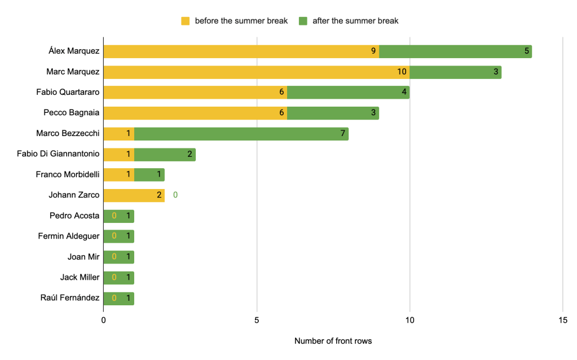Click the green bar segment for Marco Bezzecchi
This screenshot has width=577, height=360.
pyautogui.click(x=241, y=134)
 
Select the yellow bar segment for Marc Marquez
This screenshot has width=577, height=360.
pyautogui.click(x=256, y=72)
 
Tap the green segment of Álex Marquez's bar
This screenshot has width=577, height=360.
pyautogui.click(x=455, y=51)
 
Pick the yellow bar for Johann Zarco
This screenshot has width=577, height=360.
pyautogui.click(x=134, y=195)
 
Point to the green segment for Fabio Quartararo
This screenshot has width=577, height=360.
pyautogui.click(x=348, y=93)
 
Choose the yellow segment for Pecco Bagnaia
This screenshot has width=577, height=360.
pyautogui.click(x=195, y=113)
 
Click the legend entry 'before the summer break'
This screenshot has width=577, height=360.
pyautogui.click(x=234, y=21)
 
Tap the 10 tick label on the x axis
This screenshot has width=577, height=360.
pyautogui.click(x=409, y=320)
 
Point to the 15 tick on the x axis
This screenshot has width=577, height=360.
pyautogui.click(x=563, y=320)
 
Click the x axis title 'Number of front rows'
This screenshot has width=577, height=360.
pyautogui.click(x=333, y=341)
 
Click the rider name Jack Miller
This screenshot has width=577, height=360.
pyautogui.click(x=80, y=277)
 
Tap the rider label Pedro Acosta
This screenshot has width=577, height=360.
pyautogui.click(x=74, y=216)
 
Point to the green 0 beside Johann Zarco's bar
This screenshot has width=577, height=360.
pyautogui.click(x=175, y=195)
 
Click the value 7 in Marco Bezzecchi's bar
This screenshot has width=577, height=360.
pyautogui.click(x=342, y=134)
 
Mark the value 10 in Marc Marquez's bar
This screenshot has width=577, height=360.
pyautogui.click(x=402, y=72)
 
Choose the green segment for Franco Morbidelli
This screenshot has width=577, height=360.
pyautogui.click(x=149, y=174)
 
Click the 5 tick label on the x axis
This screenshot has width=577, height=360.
pyautogui.click(x=257, y=320)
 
